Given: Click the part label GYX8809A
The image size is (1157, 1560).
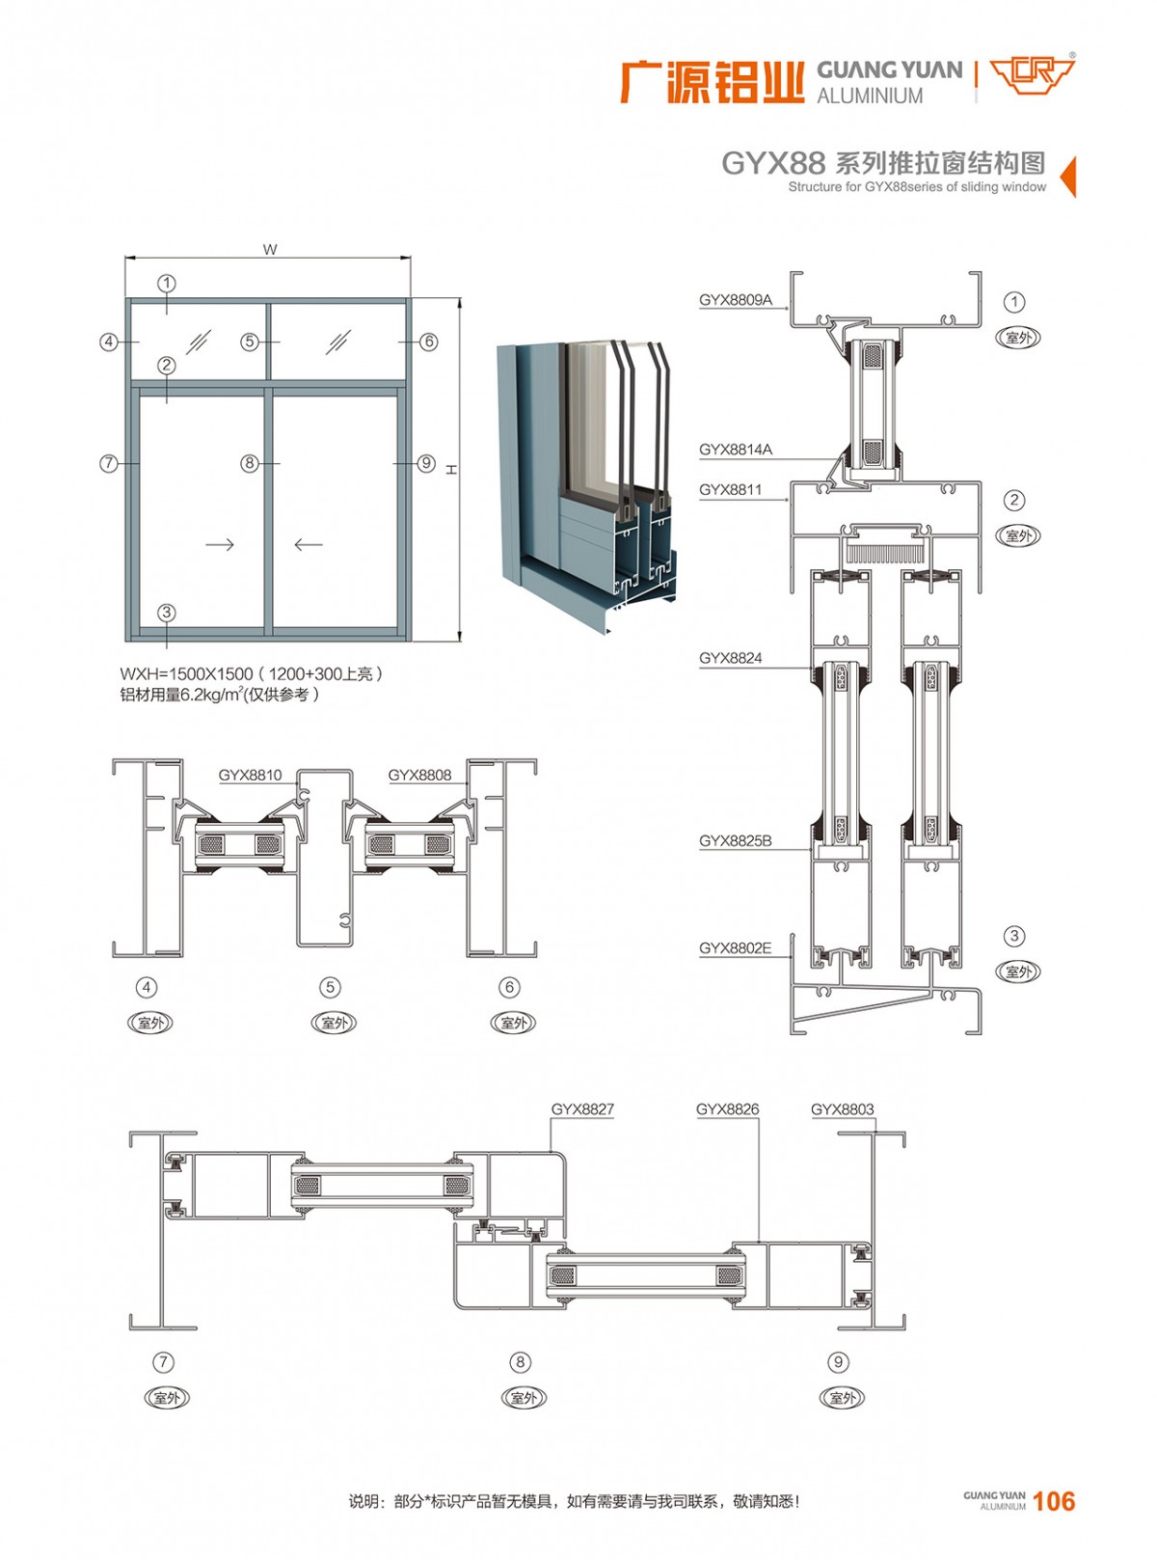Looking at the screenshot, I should pyautogui.click(x=735, y=300).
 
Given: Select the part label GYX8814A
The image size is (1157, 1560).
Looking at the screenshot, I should pyautogui.click(x=735, y=450).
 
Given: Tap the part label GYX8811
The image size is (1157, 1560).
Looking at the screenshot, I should pyautogui.click(x=730, y=490).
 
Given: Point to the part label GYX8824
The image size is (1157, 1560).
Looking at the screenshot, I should pyautogui.click(x=730, y=658).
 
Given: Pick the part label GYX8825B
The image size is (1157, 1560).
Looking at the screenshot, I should pyautogui.click(x=735, y=841).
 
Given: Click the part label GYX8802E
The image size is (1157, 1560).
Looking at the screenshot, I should pyautogui.click(x=735, y=948).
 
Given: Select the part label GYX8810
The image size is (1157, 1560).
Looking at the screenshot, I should pyautogui.click(x=250, y=775).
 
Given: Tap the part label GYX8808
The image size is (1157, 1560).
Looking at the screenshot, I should pyautogui.click(x=419, y=775).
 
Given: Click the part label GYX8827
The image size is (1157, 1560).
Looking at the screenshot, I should pyautogui.click(x=582, y=1109).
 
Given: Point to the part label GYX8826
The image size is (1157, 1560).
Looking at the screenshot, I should pyautogui.click(x=727, y=1109).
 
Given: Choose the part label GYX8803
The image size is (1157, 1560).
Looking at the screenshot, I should pyautogui.click(x=842, y=1109).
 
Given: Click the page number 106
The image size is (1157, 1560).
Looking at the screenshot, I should pyautogui.click(x=1053, y=1501).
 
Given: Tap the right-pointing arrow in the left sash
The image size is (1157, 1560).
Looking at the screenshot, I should pyautogui.click(x=220, y=545).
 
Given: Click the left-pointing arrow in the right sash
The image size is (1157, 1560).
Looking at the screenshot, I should pyautogui.click(x=309, y=545).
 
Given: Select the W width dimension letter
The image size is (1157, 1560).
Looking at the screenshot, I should pyautogui.click(x=270, y=250).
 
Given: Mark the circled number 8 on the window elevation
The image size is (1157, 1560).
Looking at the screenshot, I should pyautogui.click(x=250, y=464).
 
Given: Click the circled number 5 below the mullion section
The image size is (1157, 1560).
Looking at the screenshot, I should pyautogui.click(x=331, y=987).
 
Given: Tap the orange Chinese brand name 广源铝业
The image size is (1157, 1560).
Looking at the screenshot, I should pyautogui.click(x=712, y=82).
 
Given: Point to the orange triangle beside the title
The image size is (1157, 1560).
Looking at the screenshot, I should pyautogui.click(x=1068, y=177).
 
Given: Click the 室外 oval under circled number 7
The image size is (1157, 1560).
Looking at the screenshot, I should pyautogui.click(x=167, y=1398).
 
